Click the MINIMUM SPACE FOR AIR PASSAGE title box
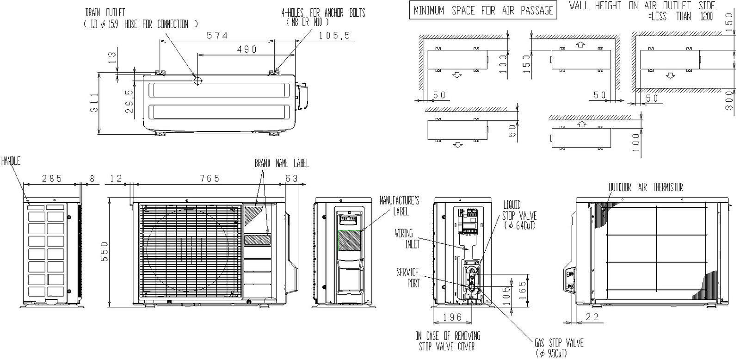[483, 11]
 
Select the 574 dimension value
[217, 35]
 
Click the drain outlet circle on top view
[198, 81]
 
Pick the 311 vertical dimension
[94, 103]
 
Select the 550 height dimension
[105, 251]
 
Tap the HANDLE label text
[11, 161]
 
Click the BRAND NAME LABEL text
[282, 163]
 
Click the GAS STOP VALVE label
[559, 348]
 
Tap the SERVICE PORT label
[407, 277]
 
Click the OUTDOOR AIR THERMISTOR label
[645, 187]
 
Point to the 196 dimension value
[452, 317]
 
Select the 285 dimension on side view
[52, 179]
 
